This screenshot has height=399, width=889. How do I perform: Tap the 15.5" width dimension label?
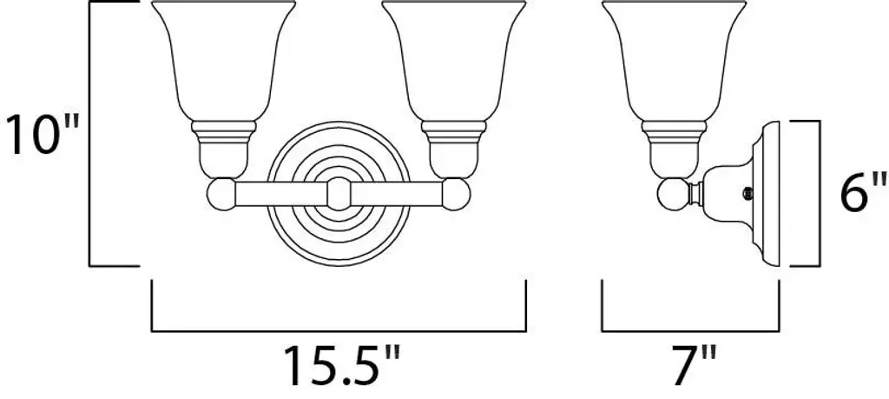point(341,367)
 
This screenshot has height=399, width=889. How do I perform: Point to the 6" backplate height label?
point(862,194)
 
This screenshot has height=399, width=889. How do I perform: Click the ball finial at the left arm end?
point(221,194)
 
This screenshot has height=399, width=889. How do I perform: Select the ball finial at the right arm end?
point(456,194)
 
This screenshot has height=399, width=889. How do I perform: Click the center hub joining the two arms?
point(339,194)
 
